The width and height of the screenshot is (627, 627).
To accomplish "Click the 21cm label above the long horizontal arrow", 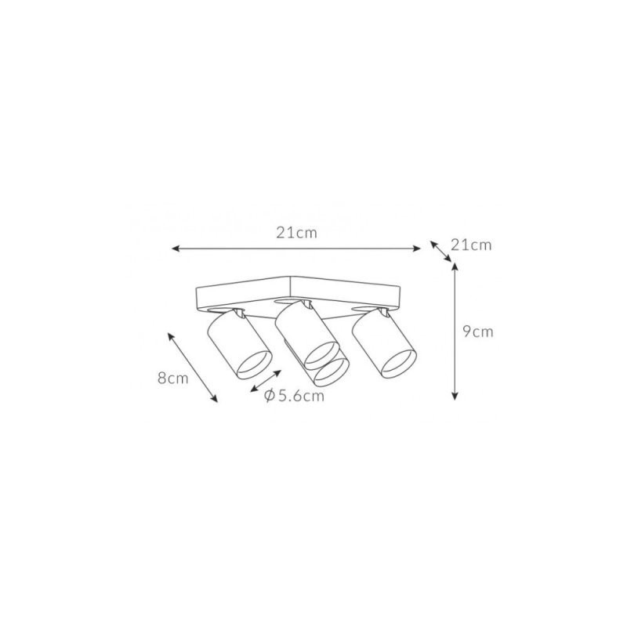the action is [x=296, y=233].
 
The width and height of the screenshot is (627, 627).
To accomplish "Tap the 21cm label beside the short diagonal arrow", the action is [x=471, y=245].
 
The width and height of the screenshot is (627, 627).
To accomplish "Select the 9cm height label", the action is [x=478, y=332].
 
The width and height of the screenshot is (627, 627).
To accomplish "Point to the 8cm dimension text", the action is [x=172, y=378].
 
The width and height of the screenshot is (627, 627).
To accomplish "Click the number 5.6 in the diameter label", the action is [x=290, y=396].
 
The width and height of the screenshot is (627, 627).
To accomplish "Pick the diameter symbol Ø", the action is [x=270, y=396].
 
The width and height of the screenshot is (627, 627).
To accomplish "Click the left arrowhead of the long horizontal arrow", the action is [x=175, y=248].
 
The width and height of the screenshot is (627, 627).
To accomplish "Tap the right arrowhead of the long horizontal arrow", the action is [x=417, y=248].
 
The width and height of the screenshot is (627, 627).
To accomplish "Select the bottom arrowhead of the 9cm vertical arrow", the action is [x=455, y=396].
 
